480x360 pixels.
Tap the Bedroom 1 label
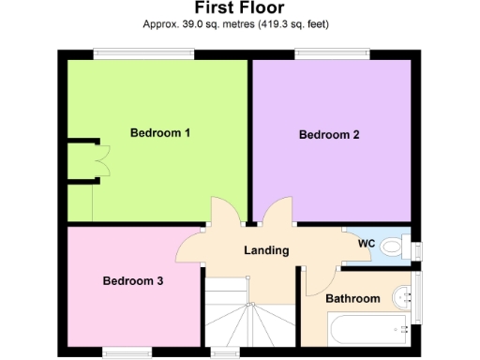click(x=160, y=133)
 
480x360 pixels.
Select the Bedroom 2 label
click(x=329, y=135)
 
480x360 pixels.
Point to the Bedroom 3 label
click(x=133, y=280)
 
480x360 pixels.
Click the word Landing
click(x=266, y=251)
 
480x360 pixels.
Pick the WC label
click(x=367, y=244)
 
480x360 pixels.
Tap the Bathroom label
click(x=352, y=299)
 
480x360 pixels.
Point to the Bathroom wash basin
click(x=404, y=296)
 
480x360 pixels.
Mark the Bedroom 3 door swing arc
click(x=188, y=248)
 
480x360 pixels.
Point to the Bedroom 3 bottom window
click(x=127, y=353)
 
